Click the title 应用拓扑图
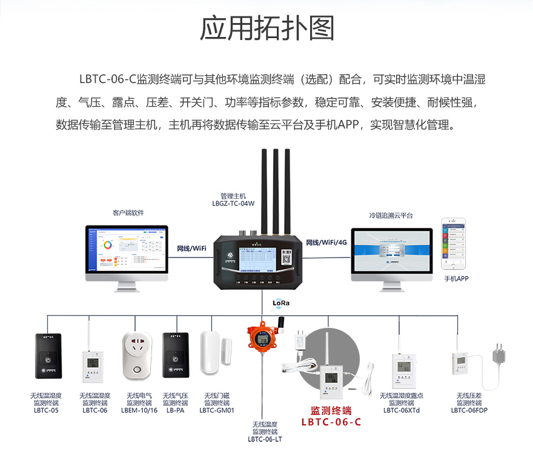[266, 28]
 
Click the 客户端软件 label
[128, 213]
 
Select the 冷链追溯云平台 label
[391, 215]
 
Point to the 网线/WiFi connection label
[191, 248]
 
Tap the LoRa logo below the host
[281, 302]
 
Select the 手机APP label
[457, 279]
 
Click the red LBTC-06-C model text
[331, 422]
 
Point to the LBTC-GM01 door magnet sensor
[216, 352]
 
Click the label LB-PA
[175, 410]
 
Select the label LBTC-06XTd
[402, 410]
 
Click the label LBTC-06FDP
[469, 410]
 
